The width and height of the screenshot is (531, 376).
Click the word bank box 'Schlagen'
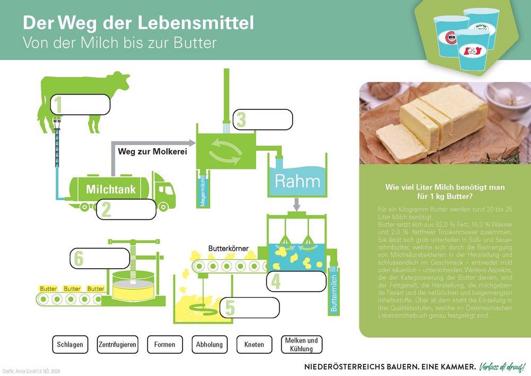point(70,345)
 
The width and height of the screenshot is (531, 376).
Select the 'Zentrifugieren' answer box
point(118,345)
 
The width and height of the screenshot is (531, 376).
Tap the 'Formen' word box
point(165,345)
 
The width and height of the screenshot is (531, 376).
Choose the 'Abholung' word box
point(209,345)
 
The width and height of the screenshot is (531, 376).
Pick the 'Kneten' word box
point(254,345)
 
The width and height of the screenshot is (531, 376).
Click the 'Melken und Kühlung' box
point(302,345)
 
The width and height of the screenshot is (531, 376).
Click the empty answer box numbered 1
point(80,105)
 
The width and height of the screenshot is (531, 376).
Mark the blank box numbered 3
point(263,119)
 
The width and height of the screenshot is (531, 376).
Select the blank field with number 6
point(99,259)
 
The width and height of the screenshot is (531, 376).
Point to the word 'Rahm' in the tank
point(297,181)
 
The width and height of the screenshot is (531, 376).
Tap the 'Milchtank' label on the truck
point(111,189)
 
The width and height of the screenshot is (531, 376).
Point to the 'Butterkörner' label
point(228,249)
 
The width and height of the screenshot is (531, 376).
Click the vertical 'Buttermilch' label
point(334,292)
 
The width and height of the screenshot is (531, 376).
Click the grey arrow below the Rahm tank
point(297,204)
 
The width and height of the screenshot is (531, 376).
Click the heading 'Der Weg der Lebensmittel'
point(138,23)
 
